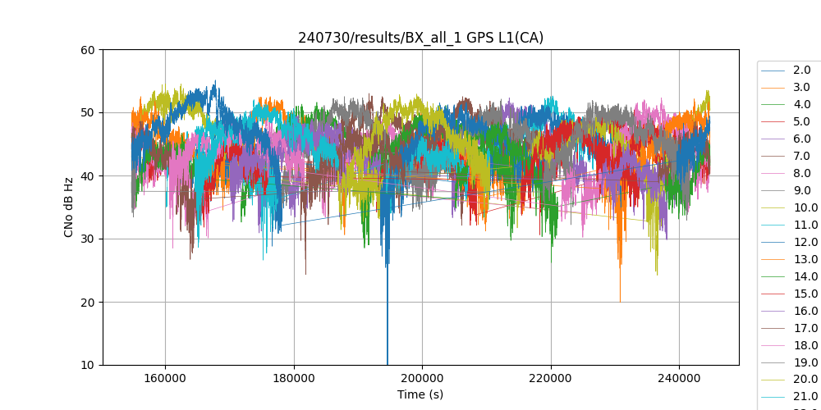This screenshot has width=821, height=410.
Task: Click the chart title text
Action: coord(420,38)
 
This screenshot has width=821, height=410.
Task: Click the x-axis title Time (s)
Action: coord(420,394)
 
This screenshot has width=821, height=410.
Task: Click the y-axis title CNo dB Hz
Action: coord(69,207)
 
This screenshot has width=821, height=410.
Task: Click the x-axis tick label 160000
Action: coord(165,379)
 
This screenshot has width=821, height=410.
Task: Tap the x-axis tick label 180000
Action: coord(294,379)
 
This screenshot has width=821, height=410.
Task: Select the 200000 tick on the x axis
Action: coord(422,379)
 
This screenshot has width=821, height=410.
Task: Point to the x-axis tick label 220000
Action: coord(551,379)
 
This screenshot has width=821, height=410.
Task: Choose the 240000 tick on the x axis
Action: coord(679,379)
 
